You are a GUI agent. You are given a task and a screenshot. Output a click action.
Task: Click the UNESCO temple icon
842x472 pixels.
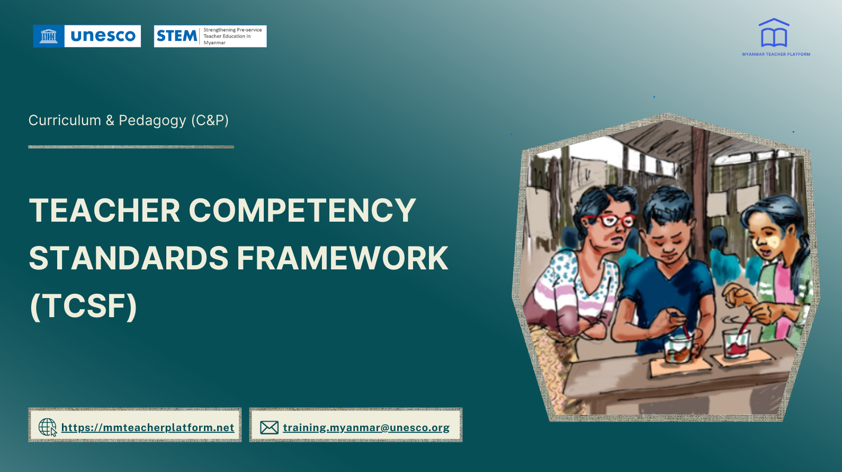tap(49, 36)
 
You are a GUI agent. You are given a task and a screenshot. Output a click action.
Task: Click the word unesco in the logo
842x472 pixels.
tap(103, 36)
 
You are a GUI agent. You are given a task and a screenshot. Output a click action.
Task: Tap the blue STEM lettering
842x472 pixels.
tap(176, 36)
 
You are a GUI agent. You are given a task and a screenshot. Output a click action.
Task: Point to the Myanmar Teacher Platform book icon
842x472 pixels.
tap(774, 34)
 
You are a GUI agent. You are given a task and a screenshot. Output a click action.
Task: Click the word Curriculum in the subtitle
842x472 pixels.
tap(65, 120)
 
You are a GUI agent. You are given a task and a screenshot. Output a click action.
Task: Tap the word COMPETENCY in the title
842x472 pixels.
tap(302, 211)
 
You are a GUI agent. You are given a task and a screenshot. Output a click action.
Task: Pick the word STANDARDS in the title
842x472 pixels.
tap(129, 258)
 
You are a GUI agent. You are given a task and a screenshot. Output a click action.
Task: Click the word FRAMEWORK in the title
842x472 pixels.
tap(343, 258)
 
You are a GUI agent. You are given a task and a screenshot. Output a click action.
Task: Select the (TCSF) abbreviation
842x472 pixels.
tap(84, 307)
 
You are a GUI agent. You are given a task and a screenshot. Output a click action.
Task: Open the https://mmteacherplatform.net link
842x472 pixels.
tap(148, 427)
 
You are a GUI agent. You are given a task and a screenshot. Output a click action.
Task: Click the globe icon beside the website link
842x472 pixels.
tap(47, 427)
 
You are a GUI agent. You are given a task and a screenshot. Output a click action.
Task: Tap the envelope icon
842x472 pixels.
tap(269, 427)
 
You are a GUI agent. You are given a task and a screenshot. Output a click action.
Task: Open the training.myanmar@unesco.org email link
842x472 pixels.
tap(366, 427)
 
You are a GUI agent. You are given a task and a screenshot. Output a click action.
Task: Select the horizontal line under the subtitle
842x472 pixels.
tap(131, 147)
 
